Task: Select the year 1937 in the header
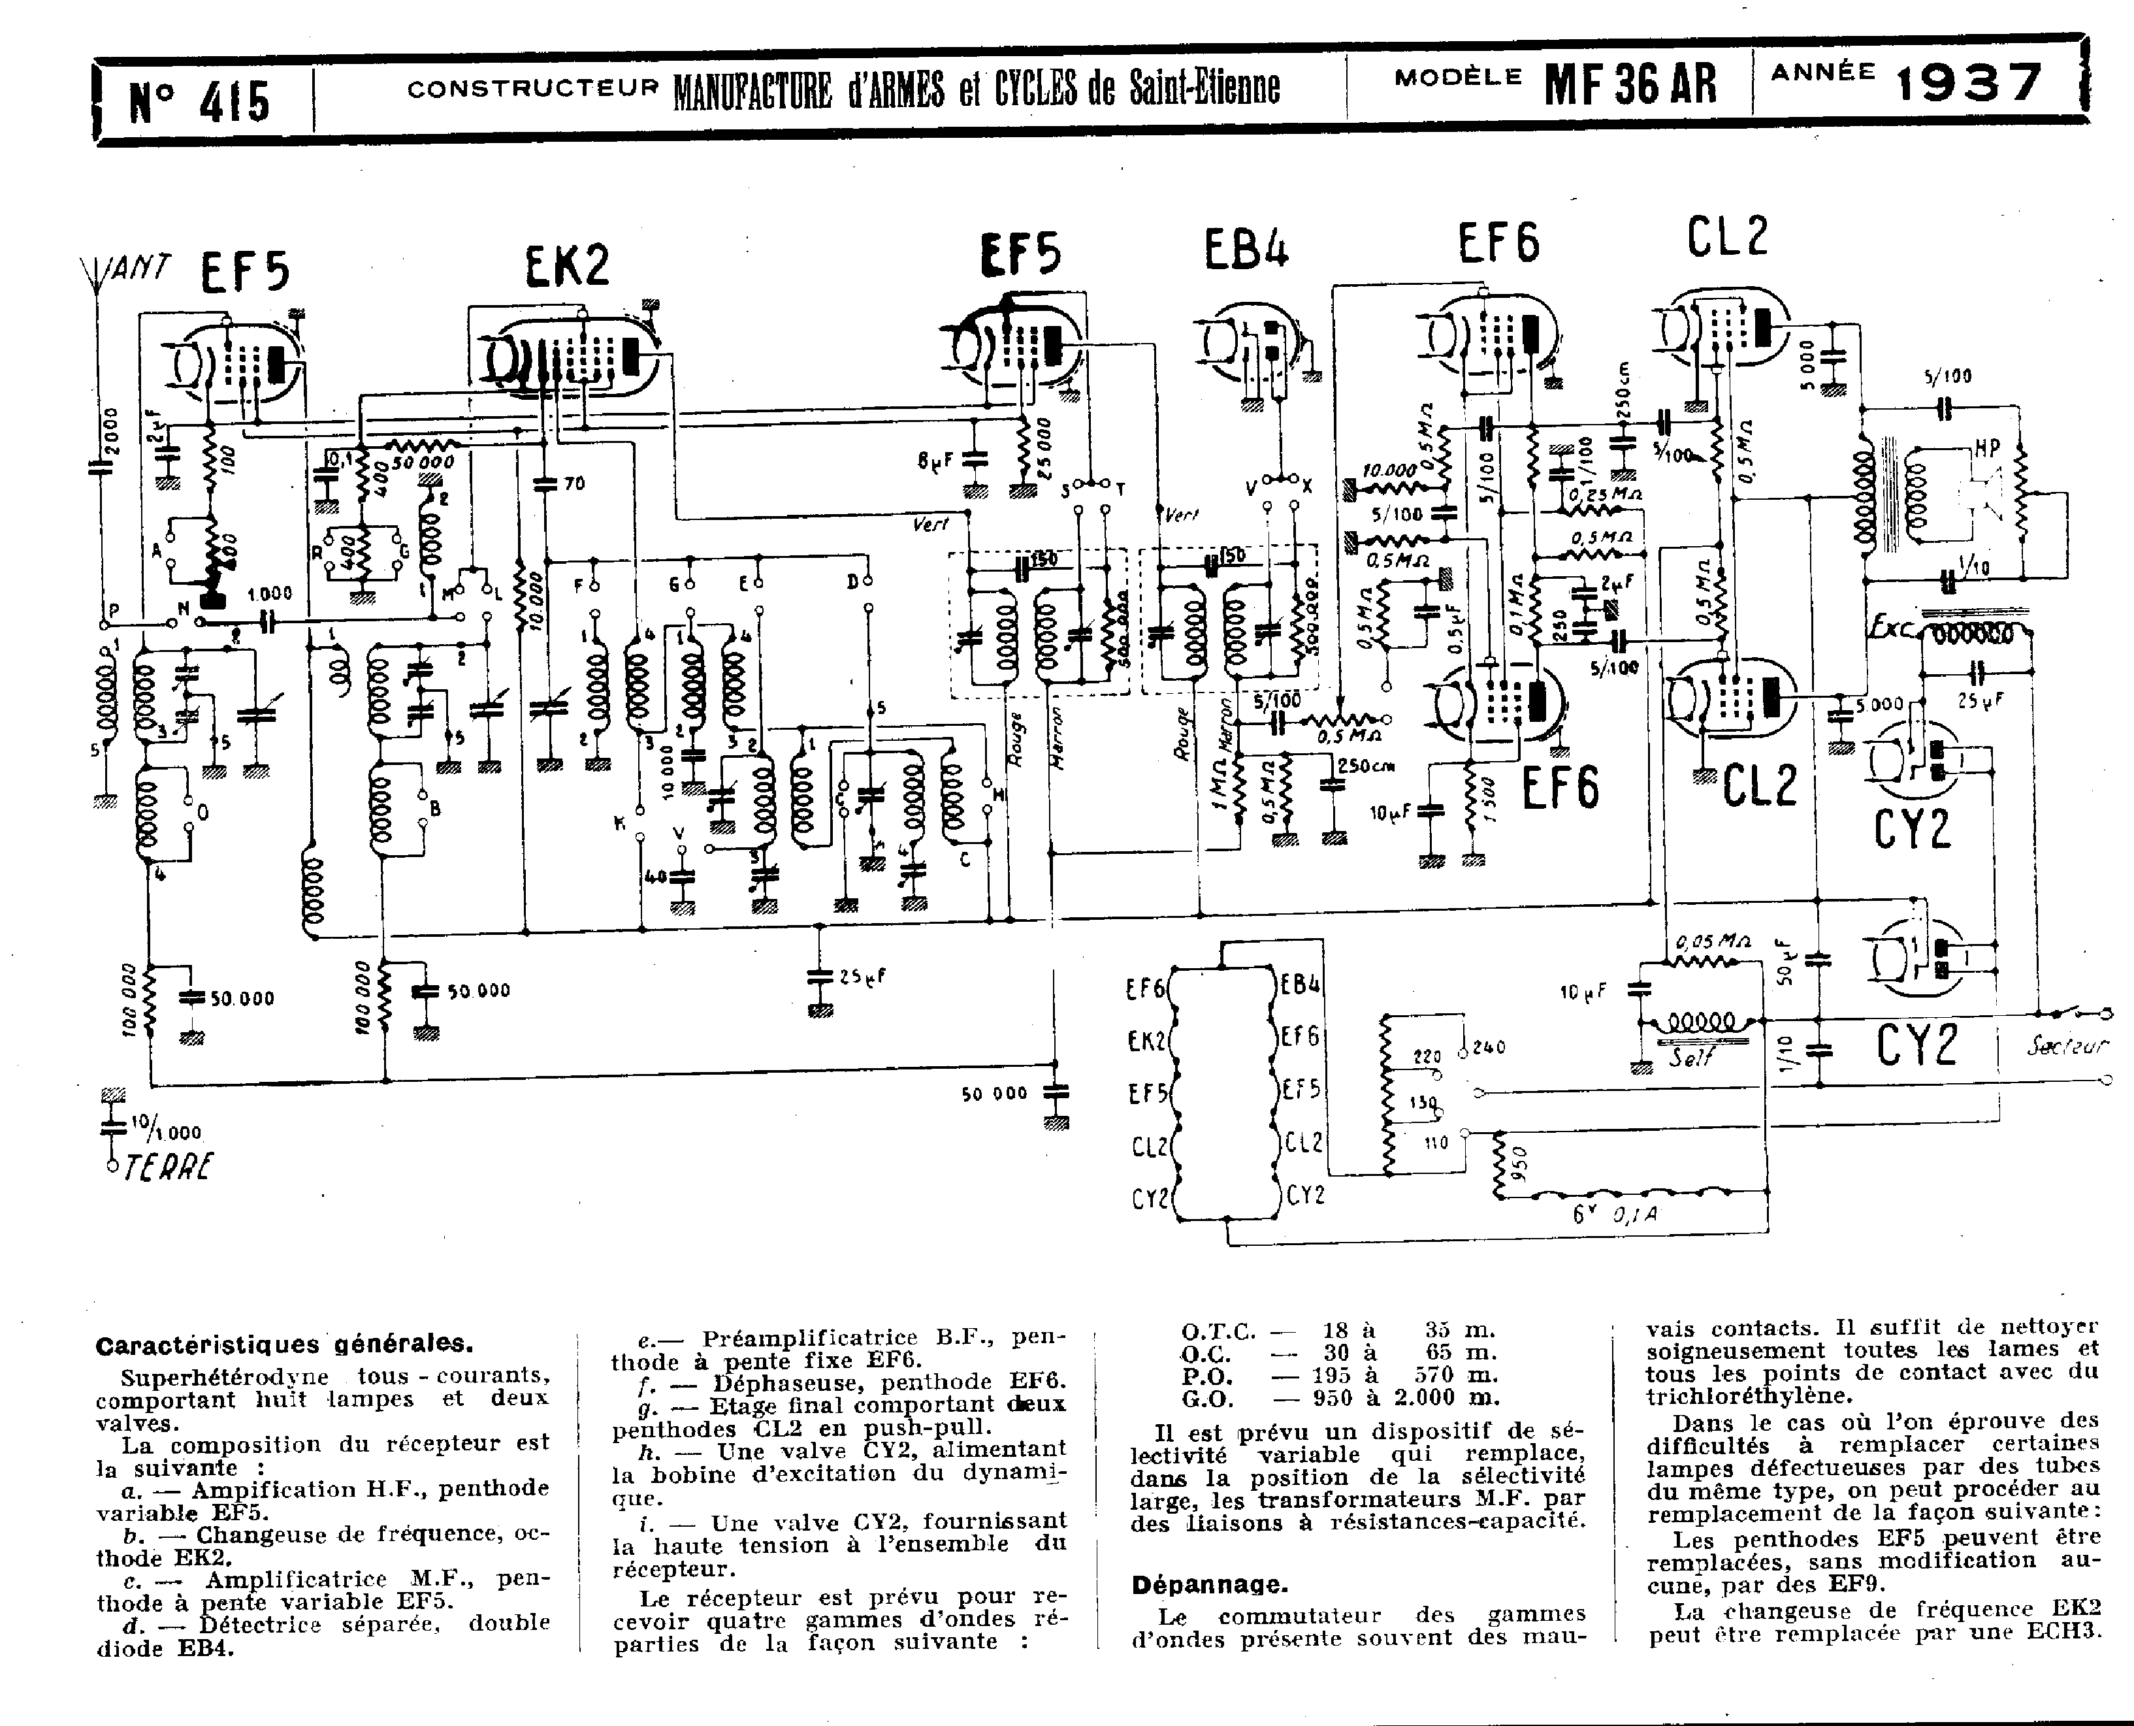point(1969,84)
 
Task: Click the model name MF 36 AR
point(1630,84)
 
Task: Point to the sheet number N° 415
point(199,101)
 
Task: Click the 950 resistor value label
point(1518,1164)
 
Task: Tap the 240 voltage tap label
point(1489,1047)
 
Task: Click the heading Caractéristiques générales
point(284,1345)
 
